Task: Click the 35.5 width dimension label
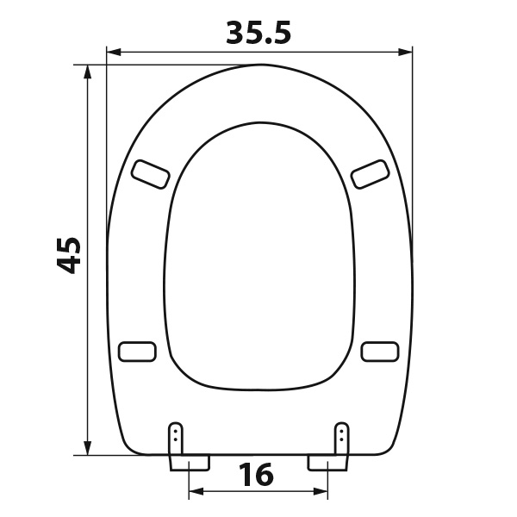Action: (258, 33)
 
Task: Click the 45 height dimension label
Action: (69, 255)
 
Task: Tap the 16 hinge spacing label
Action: (256, 474)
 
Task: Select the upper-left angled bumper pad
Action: (151, 174)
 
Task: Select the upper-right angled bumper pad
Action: (370, 174)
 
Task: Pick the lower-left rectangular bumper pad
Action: (137, 352)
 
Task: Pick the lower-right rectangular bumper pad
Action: (380, 352)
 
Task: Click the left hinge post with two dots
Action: (176, 439)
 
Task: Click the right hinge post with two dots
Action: (341, 439)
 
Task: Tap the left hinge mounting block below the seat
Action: (190, 463)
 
